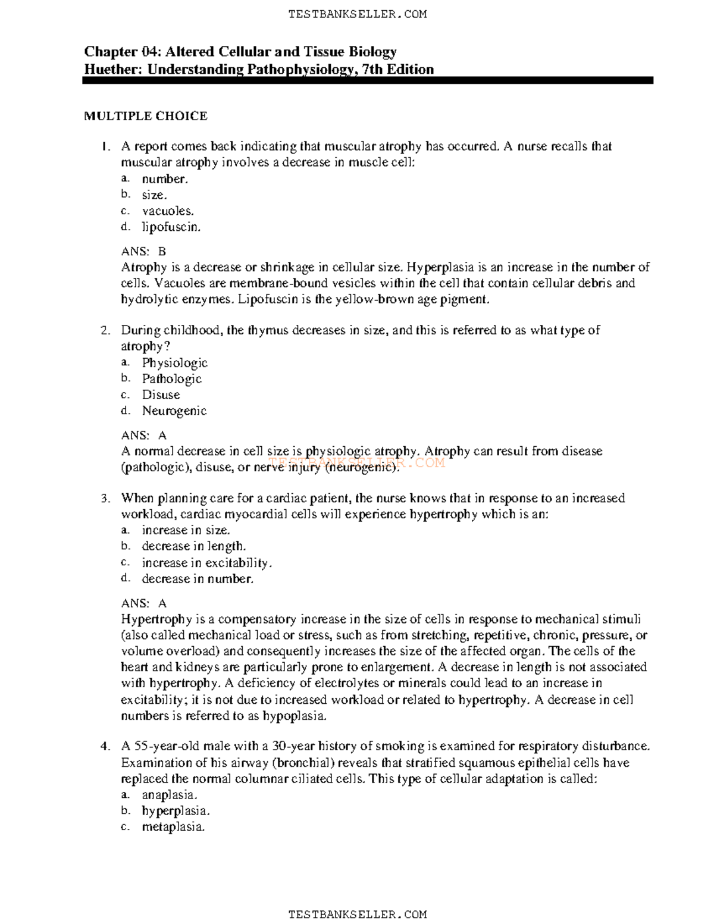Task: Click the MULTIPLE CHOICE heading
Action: [145, 116]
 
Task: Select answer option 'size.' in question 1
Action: [154, 195]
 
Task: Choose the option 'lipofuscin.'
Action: [171, 227]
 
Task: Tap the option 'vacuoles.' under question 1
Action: [167, 211]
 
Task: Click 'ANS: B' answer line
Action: [143, 251]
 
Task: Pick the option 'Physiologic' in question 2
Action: [174, 362]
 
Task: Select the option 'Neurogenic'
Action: [174, 411]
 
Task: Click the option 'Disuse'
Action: [161, 394]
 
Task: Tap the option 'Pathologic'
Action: [171, 378]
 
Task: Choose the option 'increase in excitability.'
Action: [206, 562]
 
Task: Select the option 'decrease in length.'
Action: [193, 546]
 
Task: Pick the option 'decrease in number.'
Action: [198, 578]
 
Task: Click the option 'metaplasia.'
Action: [173, 826]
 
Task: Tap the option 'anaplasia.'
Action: [170, 794]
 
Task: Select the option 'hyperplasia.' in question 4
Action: [176, 810]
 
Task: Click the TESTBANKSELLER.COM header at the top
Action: [357, 14]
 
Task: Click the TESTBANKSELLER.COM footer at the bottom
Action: [357, 914]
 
